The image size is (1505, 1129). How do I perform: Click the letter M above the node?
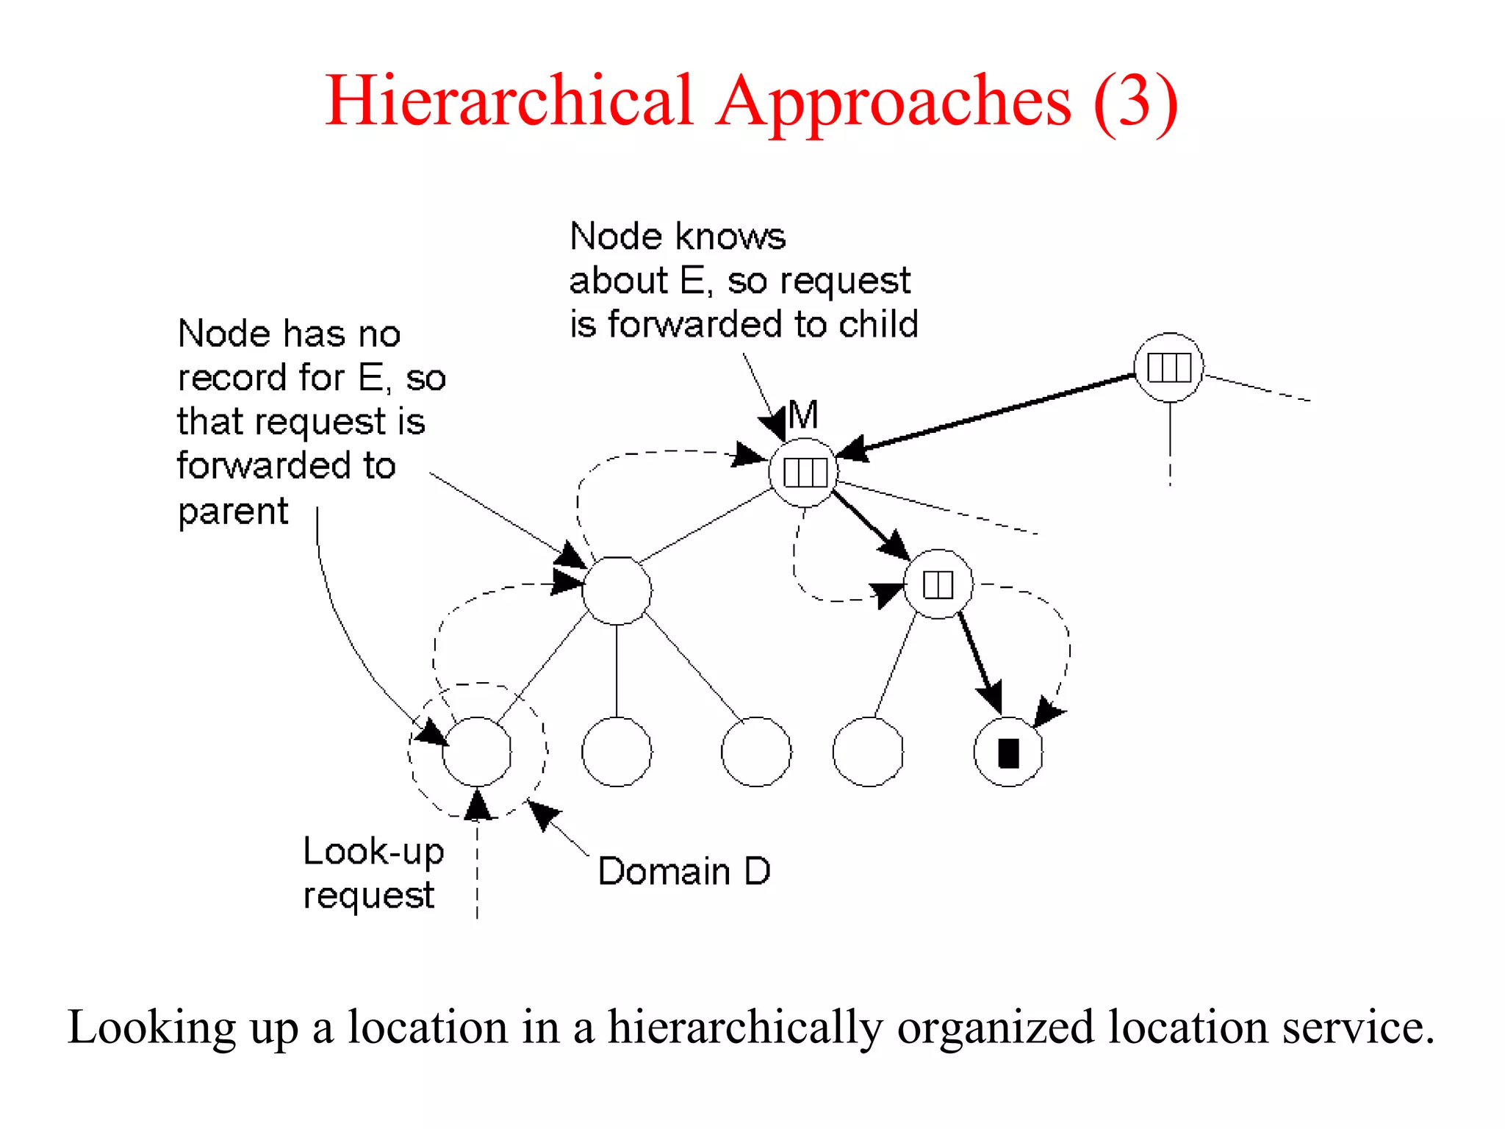803,415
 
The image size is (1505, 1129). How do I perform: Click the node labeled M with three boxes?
805,472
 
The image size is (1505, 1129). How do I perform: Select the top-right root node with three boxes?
1168,368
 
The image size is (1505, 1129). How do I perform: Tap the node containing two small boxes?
938,584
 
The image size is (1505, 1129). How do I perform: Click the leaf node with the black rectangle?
1008,752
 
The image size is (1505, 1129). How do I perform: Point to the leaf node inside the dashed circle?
477,751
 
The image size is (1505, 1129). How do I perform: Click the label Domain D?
683,872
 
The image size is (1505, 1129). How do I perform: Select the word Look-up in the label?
373,852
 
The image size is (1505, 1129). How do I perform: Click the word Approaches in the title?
894,103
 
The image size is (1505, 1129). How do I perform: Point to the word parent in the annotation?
233,512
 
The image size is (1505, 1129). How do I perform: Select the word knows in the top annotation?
730,237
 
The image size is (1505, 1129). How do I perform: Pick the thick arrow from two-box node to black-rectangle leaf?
979,662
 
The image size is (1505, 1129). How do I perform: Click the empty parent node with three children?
617,591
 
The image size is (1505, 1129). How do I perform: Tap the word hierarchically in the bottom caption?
745,1028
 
